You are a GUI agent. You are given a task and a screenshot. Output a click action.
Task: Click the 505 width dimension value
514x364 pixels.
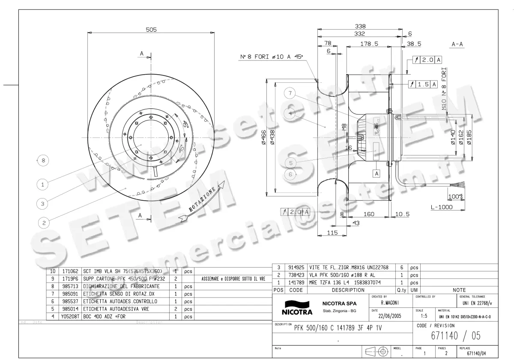coord(151,30)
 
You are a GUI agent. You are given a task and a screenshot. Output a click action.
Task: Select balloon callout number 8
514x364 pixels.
coord(43,161)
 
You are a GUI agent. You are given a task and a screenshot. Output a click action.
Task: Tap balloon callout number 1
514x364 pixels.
coord(43,185)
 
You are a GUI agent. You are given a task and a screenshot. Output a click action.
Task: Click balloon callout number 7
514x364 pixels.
coord(290,94)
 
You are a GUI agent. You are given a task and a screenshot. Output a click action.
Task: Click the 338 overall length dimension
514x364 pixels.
coord(359,26)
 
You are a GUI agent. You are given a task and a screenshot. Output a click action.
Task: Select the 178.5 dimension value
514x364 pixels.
coord(369,44)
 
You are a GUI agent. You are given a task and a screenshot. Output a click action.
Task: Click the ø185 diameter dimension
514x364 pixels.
coord(470,138)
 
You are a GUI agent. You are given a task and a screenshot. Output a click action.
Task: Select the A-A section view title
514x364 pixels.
coord(459,44)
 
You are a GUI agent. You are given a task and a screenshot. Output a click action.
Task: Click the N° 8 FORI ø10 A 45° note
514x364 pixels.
coord(271,57)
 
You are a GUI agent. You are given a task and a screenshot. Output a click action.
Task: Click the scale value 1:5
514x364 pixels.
coord(424,316)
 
